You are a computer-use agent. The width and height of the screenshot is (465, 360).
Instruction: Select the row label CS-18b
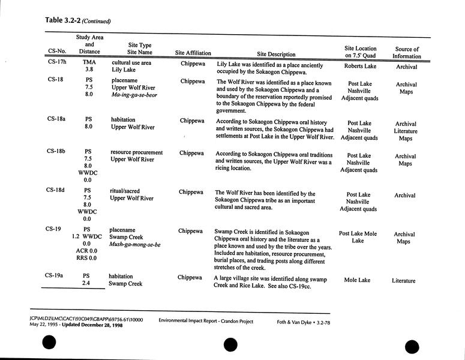coord(58,152)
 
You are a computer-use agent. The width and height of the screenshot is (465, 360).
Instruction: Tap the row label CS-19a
coord(58,275)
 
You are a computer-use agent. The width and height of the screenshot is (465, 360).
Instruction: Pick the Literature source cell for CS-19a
coord(404,281)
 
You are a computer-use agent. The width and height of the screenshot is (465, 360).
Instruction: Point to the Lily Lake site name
coord(124,70)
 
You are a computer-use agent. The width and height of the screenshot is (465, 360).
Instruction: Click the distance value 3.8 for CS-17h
coord(89,70)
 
